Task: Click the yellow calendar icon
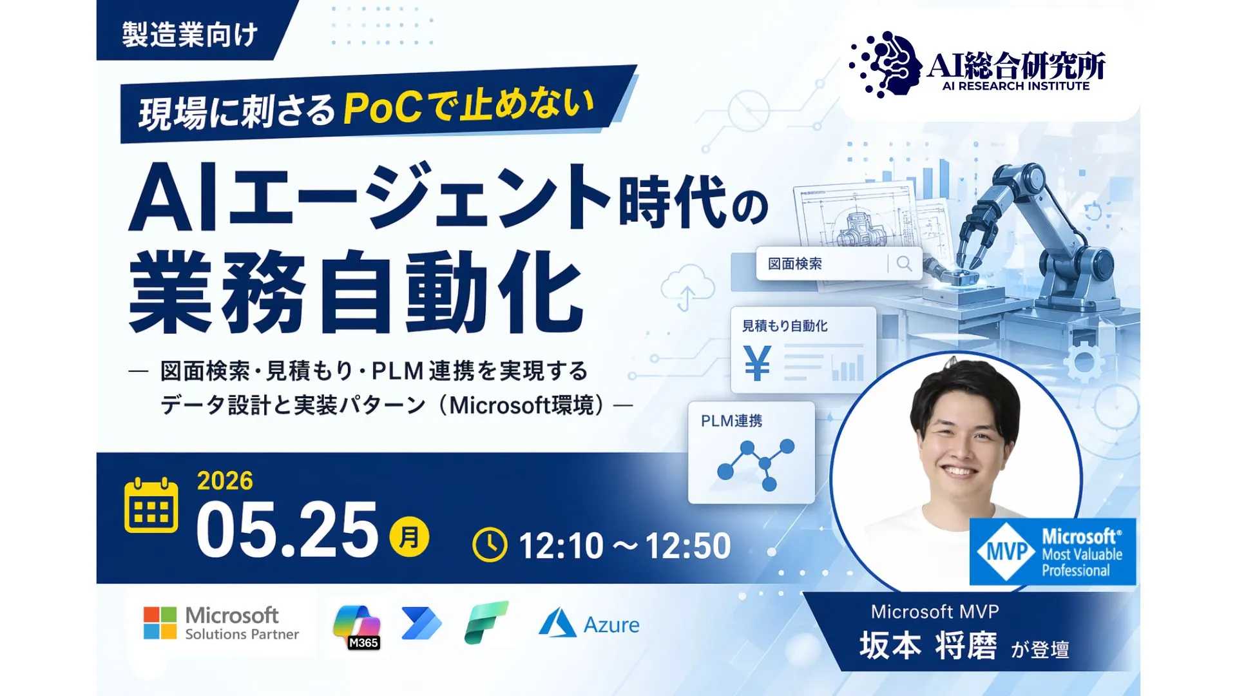[151, 506]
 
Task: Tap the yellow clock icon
[490, 545]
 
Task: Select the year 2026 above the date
[225, 481]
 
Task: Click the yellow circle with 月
[409, 537]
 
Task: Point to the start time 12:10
[561, 546]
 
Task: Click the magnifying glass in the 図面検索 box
[904, 264]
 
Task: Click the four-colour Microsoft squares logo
[160, 623]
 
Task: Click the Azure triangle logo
[557, 624]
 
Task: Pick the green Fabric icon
[486, 623]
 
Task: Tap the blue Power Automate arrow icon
[421, 623]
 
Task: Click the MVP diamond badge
[1006, 552]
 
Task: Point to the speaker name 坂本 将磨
[928, 646]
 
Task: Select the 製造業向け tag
[190, 34]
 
